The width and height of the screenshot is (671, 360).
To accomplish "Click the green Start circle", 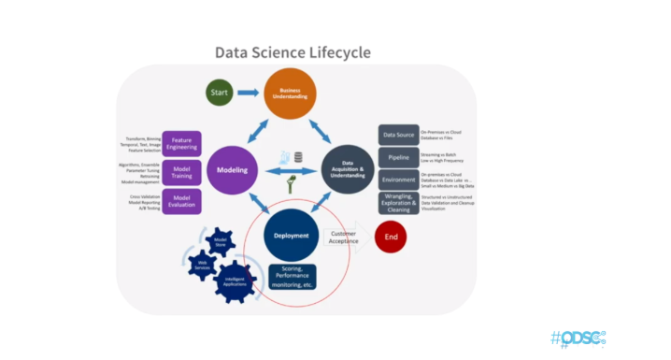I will pyautogui.click(x=220, y=93).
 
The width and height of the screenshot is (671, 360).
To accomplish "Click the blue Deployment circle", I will pyautogui.click(x=292, y=237).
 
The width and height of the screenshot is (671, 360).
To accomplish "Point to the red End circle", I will pyautogui.click(x=391, y=237).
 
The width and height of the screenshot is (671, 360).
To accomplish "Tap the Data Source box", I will pyautogui.click(x=398, y=135).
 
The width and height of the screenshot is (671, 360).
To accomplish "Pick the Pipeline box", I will pyautogui.click(x=398, y=157).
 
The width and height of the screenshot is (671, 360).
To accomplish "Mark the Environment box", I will pyautogui.click(x=398, y=179).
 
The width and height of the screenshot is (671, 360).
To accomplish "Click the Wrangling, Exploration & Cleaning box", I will pyautogui.click(x=398, y=205).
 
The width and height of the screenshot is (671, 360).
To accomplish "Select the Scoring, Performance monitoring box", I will pyautogui.click(x=292, y=276).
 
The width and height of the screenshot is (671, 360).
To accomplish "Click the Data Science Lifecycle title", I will pyautogui.click(x=293, y=52).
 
